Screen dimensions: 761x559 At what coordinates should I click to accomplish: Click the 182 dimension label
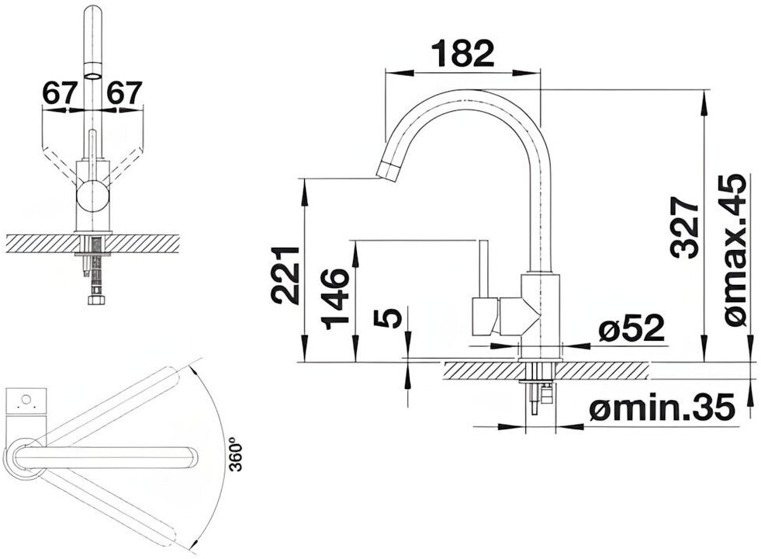(462, 54)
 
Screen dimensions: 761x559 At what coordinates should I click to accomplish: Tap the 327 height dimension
(685, 227)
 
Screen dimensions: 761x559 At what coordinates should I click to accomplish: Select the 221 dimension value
(285, 276)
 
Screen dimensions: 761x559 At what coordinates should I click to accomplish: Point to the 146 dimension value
(335, 298)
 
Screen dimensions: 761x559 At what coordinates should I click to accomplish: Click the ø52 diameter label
(631, 328)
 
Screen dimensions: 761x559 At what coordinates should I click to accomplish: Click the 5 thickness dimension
(389, 318)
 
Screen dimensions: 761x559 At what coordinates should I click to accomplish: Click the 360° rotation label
(236, 454)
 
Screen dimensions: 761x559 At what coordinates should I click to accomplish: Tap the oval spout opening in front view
(93, 75)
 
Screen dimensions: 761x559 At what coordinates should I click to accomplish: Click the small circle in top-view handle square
(26, 399)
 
